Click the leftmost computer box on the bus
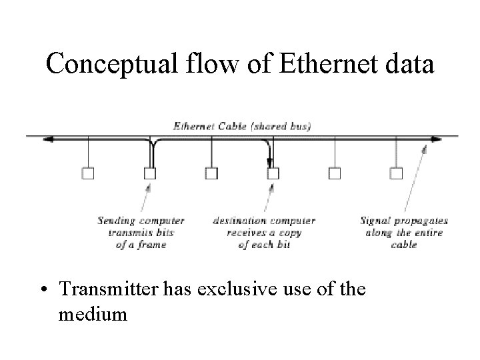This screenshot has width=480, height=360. [88, 173]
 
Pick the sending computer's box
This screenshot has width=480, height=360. [150, 173]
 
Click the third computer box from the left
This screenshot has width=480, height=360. [211, 173]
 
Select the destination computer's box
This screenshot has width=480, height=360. [273, 173]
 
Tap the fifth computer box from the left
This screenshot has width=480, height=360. [335, 173]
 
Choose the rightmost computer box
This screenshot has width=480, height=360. [396, 173]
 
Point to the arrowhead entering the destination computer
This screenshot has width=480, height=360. [271, 163]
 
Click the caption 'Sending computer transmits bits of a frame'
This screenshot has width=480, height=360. [141, 232]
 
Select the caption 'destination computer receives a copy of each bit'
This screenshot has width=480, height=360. [264, 232]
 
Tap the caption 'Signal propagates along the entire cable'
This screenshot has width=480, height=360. [403, 232]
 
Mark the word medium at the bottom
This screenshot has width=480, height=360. [93, 313]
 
